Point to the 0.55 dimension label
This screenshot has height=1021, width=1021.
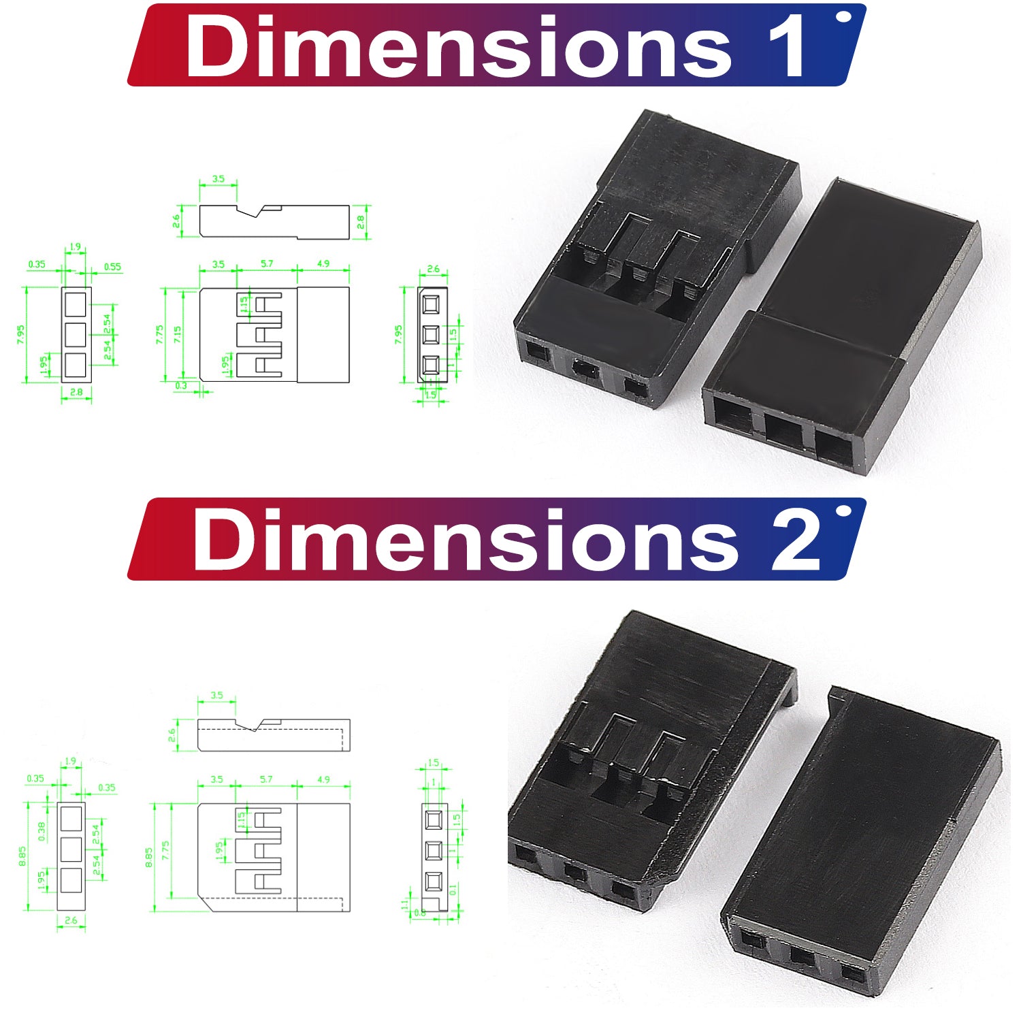(112, 267)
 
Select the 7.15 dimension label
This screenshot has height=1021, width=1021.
(178, 334)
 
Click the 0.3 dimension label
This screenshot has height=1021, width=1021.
(181, 385)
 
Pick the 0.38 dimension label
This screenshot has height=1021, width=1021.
(42, 831)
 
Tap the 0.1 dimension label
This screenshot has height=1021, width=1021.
(453, 889)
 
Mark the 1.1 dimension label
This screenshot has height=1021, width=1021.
(405, 904)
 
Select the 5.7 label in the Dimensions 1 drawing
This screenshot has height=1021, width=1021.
(266, 263)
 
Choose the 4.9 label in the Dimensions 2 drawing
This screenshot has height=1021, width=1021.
(323, 779)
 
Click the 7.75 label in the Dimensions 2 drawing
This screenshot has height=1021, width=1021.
(165, 850)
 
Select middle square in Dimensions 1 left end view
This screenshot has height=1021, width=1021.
(76, 334)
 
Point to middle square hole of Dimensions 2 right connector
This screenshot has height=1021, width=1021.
(802, 958)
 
